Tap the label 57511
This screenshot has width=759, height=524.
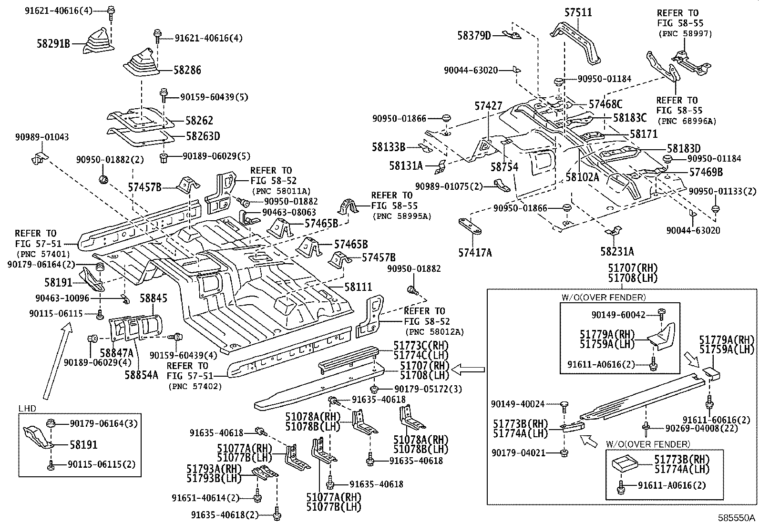click(x=578, y=12)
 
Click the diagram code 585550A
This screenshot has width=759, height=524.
click(x=737, y=518)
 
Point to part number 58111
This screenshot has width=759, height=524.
click(x=358, y=287)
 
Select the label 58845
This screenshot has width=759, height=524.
click(x=153, y=299)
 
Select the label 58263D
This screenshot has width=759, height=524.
click(x=203, y=136)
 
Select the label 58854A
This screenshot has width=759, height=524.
click(x=141, y=374)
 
